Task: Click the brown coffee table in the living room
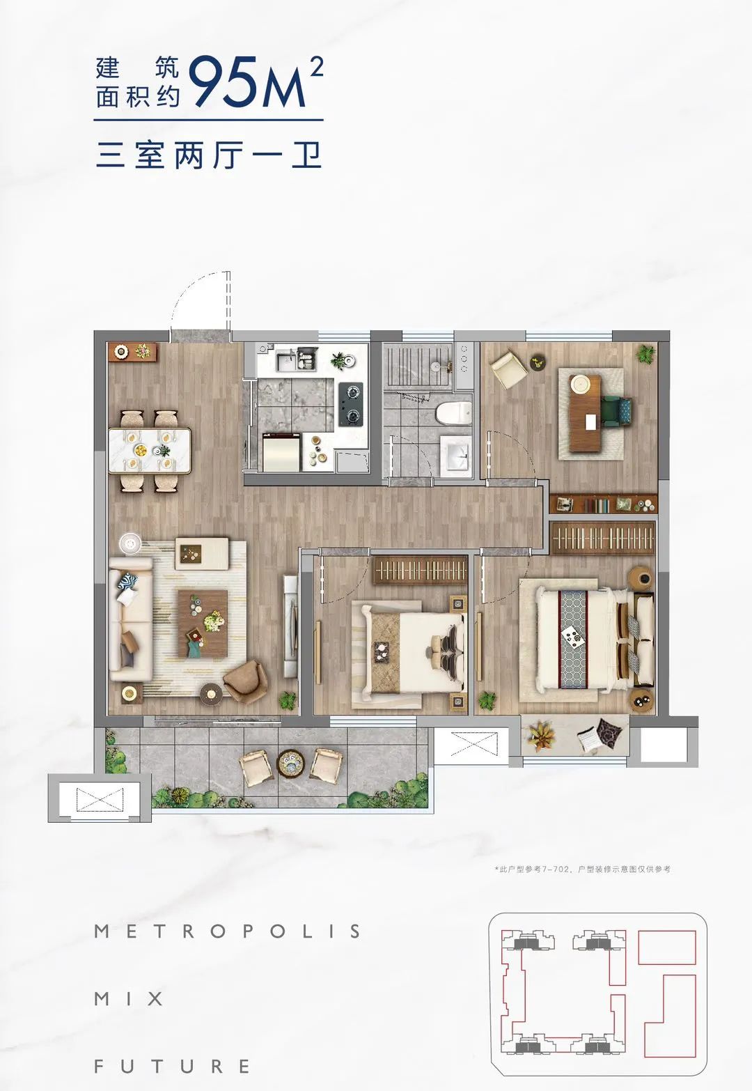203,624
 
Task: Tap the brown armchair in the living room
246,681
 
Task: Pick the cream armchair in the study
509,370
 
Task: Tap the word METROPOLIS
227,931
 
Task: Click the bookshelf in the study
604,504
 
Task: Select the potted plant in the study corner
646,353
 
